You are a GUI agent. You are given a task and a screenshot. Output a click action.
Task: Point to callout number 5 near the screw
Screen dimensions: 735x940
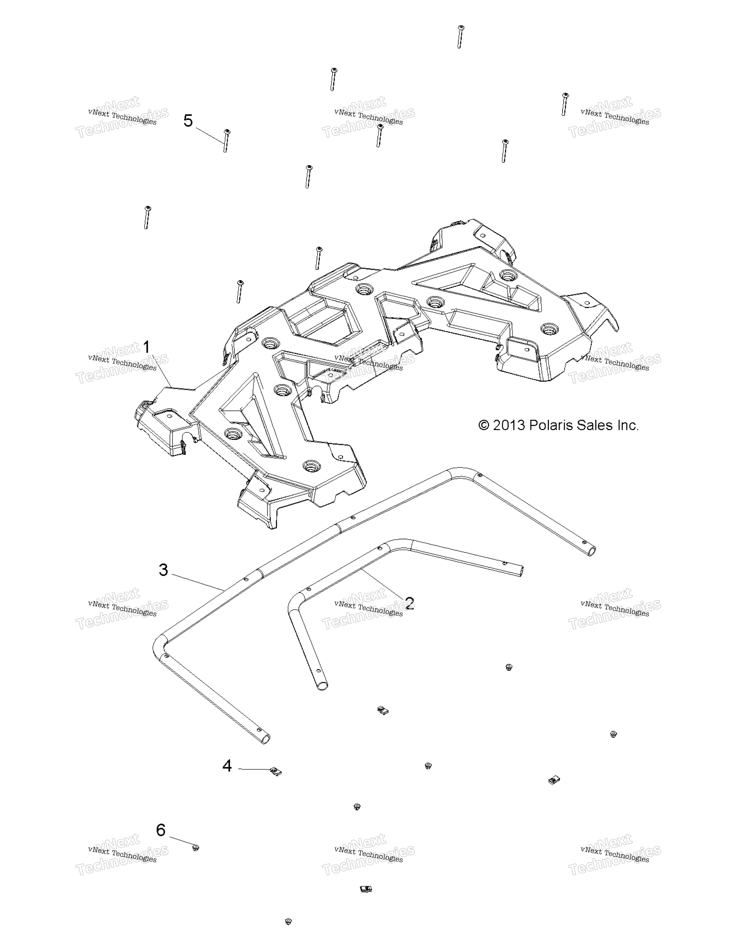(188, 121)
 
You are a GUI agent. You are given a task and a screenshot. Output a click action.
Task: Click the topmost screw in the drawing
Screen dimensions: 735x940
(460, 37)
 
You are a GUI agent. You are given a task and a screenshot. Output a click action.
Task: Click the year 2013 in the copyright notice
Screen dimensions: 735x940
(509, 426)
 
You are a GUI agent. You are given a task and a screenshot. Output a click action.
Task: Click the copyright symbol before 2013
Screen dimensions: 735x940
(484, 426)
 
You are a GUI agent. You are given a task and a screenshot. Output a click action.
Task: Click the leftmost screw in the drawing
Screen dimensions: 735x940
(147, 217)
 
